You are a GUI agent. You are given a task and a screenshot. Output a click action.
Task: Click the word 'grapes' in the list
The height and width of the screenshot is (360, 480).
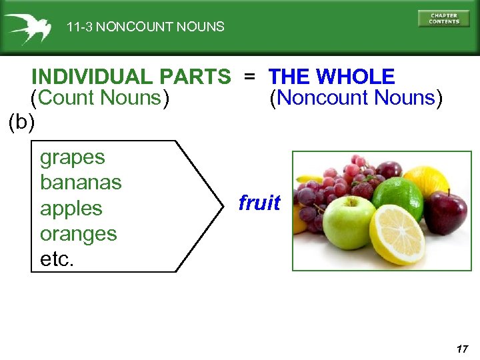pyautogui.click(x=73, y=158)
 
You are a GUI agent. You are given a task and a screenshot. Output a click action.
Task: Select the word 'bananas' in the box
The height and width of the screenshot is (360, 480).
pyautogui.click(x=81, y=182)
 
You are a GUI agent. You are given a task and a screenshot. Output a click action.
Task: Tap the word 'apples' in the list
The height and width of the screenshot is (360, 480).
pyautogui.click(x=71, y=209)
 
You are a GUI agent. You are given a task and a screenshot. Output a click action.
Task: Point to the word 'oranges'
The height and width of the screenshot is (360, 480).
pyautogui.click(x=79, y=234)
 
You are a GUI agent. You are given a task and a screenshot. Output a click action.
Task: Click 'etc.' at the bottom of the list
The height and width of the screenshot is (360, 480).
pyautogui.click(x=57, y=259)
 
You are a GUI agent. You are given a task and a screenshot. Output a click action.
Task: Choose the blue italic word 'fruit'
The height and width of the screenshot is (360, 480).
pyautogui.click(x=259, y=203)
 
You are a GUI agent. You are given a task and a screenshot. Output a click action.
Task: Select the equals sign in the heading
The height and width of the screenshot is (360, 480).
pyautogui.click(x=249, y=77)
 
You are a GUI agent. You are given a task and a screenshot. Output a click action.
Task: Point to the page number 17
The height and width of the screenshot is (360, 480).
pyautogui.click(x=463, y=349)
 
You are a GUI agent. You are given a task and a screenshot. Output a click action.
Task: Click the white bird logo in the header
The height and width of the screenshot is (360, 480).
pyautogui.click(x=27, y=28)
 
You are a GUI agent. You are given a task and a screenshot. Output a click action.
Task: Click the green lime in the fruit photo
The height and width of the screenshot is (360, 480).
pyautogui.click(x=397, y=198)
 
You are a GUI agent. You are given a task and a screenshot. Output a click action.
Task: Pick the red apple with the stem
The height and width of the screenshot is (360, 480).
pyautogui.click(x=445, y=211)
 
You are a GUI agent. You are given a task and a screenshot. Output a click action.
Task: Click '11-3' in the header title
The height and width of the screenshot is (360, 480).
pyautogui.click(x=79, y=27)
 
